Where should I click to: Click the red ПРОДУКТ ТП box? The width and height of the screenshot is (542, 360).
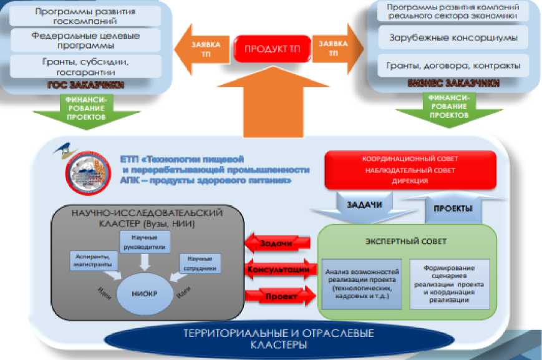271,49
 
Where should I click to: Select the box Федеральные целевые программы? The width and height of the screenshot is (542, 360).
85,41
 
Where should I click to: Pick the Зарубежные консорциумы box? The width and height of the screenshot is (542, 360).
453,37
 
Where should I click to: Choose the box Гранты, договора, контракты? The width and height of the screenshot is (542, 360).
453,65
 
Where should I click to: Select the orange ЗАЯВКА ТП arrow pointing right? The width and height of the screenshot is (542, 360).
336,49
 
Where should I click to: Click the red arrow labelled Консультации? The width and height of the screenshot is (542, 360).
277,270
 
